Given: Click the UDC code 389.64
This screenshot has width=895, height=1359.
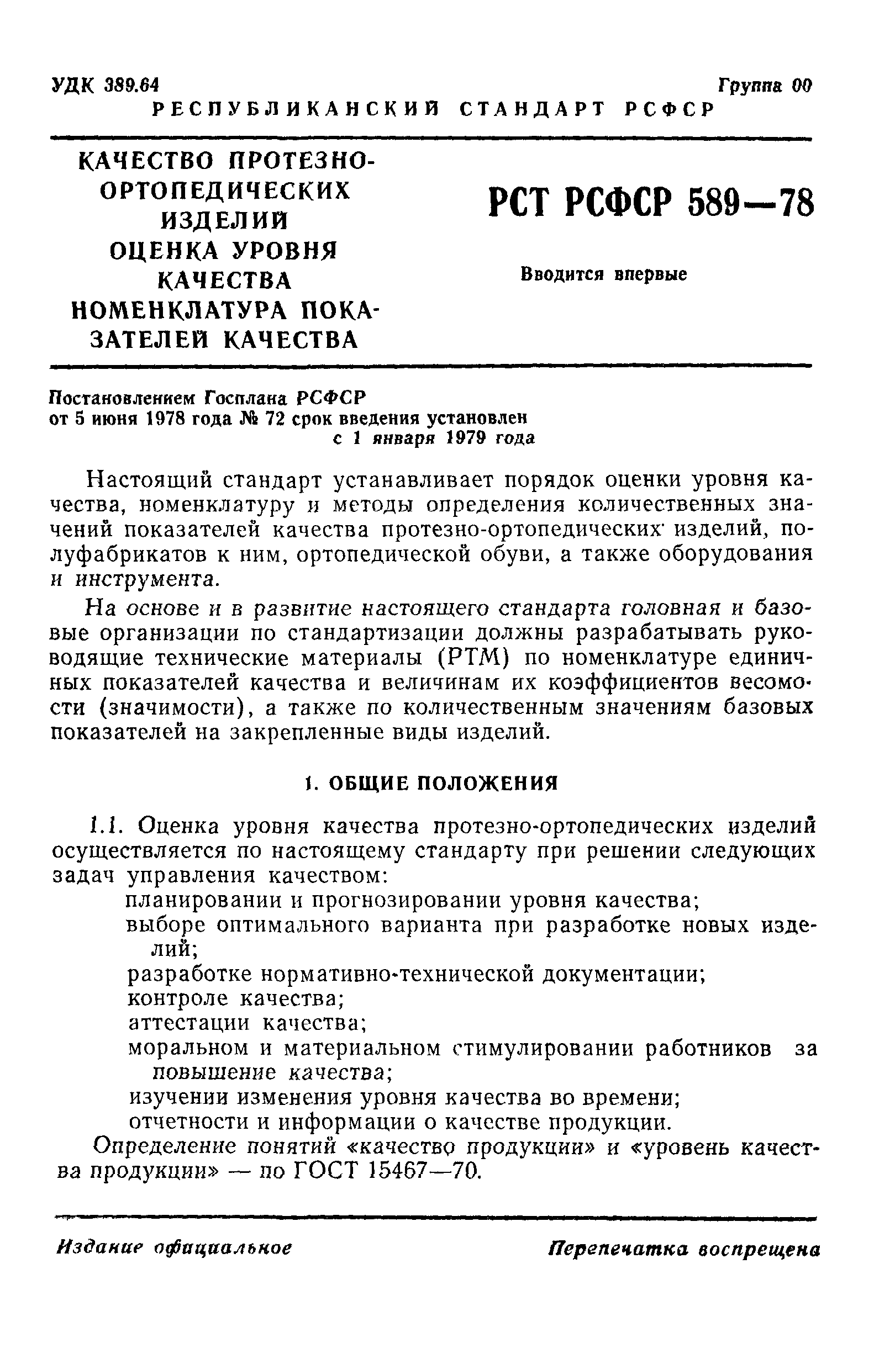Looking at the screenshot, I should click(x=131, y=85).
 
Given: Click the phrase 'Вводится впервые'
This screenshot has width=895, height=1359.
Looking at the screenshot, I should click(x=603, y=274).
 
